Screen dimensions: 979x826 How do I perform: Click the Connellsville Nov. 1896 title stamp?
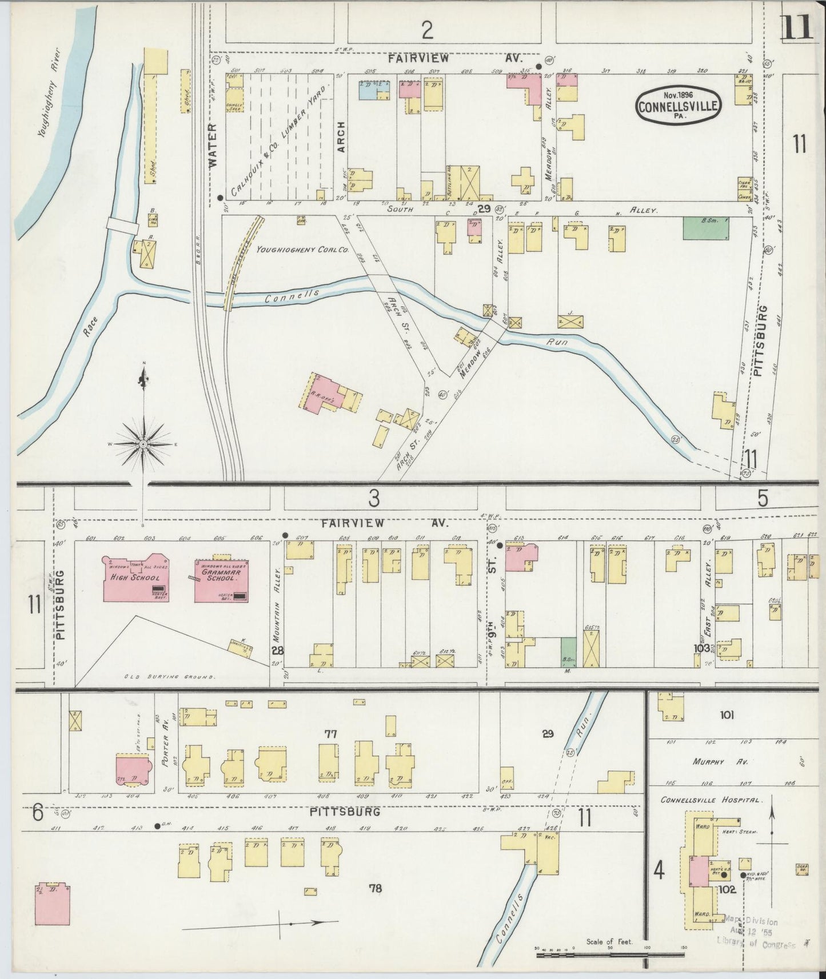(679, 105)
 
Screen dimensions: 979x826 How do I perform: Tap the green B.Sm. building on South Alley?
(707, 228)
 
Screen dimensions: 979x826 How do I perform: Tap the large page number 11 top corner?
(796, 27)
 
